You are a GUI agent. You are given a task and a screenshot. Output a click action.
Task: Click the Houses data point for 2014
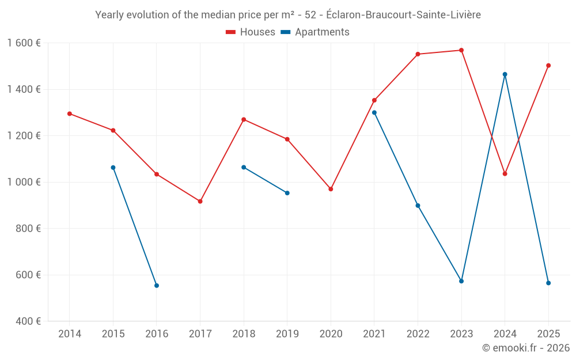tap(70, 113)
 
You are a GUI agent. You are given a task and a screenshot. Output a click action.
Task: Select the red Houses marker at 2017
tap(200, 201)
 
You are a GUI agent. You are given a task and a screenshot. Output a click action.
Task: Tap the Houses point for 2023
tap(461, 50)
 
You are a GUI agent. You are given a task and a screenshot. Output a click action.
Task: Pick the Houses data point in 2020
tap(331, 189)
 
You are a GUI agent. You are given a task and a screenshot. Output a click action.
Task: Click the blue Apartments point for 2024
tap(505, 74)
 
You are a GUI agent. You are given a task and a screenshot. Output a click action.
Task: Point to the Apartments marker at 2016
tap(157, 286)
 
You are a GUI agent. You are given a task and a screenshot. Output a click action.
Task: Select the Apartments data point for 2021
tap(374, 112)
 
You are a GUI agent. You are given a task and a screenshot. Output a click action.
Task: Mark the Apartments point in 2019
tap(287, 193)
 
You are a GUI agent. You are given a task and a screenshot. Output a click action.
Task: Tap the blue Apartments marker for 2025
tap(548, 283)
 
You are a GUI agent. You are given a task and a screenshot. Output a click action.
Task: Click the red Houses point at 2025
tap(548, 66)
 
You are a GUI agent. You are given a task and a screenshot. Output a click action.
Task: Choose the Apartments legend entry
tap(315, 32)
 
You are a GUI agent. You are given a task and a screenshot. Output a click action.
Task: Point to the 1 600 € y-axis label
tap(24, 43)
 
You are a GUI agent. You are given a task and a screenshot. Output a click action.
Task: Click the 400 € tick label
tap(29, 321)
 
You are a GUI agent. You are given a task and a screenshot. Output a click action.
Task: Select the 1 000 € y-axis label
tap(24, 182)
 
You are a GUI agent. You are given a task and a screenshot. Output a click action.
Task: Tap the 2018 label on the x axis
tap(244, 334)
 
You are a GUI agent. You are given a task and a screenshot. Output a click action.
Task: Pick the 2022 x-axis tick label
tap(418, 334)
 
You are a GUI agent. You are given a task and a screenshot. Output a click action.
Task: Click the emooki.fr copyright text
tap(526, 348)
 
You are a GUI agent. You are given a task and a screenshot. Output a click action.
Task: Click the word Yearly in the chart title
tap(109, 15)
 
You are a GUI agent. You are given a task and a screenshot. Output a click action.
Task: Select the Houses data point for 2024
tap(505, 173)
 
